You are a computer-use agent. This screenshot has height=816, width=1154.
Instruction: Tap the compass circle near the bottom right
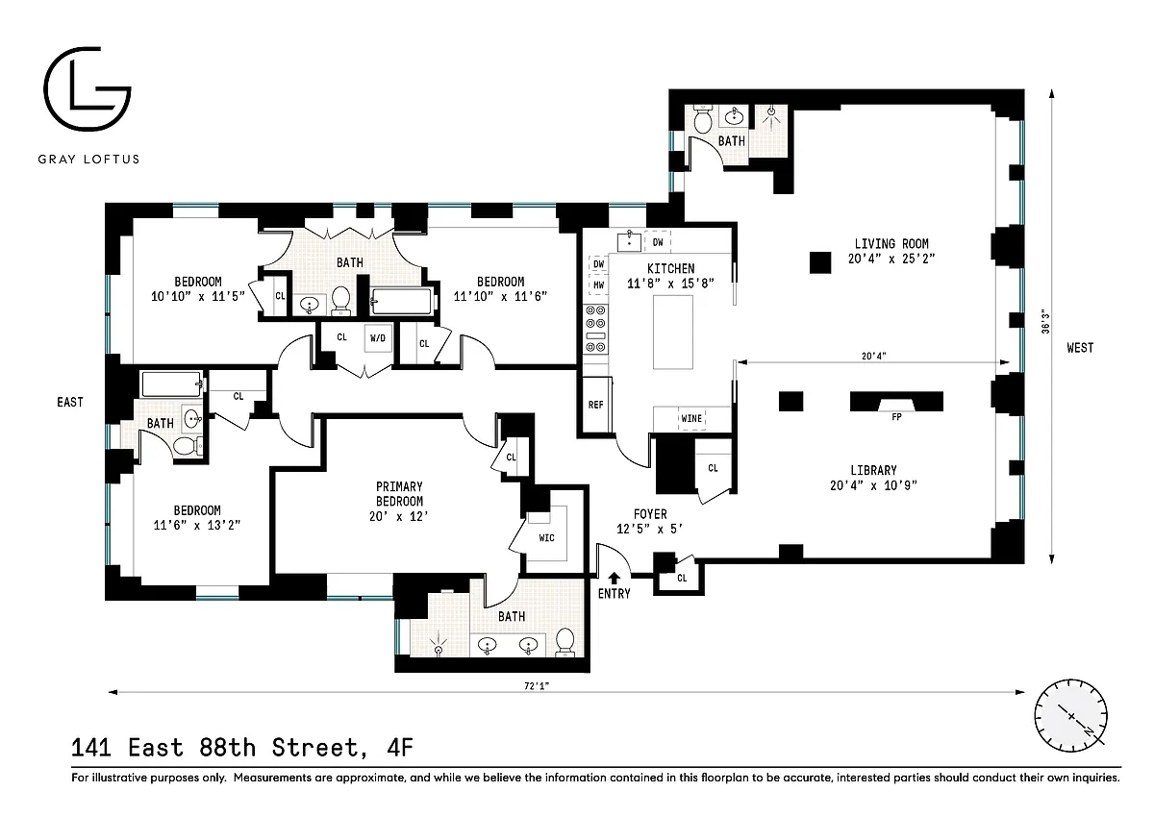pos(1070,716)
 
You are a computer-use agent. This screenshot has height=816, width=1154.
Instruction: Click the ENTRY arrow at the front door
pos(615,578)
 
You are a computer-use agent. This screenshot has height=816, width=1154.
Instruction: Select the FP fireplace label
pos(896,417)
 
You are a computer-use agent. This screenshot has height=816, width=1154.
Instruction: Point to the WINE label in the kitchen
pos(691,418)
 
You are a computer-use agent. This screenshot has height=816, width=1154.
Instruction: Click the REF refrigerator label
pos(595,405)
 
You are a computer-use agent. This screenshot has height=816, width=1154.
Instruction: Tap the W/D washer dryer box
pos(378,338)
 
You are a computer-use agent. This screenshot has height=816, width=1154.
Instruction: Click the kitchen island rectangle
pos(673,332)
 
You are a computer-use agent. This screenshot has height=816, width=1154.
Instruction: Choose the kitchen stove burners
pos(595,329)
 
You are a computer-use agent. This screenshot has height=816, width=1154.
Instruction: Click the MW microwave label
pos(598,284)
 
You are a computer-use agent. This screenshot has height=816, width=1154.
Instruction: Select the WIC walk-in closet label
pos(546,538)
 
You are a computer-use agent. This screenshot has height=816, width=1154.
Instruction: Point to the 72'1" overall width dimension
pos(537,685)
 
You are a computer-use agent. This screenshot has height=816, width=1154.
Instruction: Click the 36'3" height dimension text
pos(1045,321)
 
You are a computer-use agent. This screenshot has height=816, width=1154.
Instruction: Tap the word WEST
pos(1080,348)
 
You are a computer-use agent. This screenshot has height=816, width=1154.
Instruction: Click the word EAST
pos(70,402)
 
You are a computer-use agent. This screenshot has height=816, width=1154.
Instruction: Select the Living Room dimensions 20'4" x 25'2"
pos(891,259)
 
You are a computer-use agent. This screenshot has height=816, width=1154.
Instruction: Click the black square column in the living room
pos(820,262)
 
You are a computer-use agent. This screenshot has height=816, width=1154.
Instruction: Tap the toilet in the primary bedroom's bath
pos(565,642)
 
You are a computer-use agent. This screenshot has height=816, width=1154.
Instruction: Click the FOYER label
pos(650,514)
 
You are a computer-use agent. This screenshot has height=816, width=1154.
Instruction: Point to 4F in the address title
pos(400,748)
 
